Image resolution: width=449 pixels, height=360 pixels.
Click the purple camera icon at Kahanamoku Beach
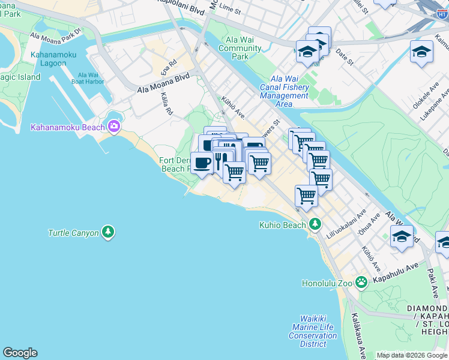113,126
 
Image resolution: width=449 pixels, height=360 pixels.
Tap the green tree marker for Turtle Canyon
108,232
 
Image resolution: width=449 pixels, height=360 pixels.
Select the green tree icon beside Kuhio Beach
315,225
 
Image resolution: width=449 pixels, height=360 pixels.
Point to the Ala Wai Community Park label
240,48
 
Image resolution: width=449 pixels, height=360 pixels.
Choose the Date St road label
345,58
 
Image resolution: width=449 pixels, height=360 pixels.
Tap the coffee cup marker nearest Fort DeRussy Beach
202,163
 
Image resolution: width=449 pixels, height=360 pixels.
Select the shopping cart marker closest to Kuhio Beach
306,195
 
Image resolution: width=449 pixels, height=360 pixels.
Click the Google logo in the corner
20,353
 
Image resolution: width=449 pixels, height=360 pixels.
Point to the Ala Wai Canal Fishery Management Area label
284,91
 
